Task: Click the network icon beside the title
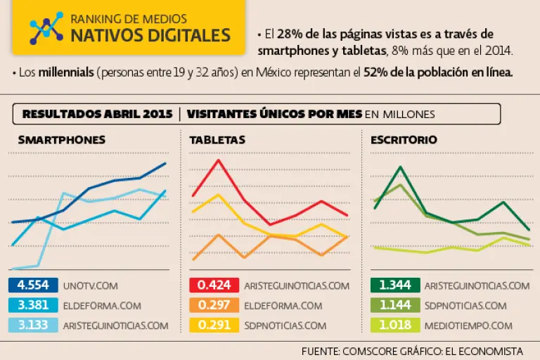click(46, 27)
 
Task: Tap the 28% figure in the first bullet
click(288, 34)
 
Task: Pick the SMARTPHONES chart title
click(61, 140)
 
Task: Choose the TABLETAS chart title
click(217, 140)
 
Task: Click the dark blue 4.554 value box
click(32, 285)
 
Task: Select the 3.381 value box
click(32, 305)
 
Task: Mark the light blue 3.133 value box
click(32, 325)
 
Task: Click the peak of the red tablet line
click(219, 160)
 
